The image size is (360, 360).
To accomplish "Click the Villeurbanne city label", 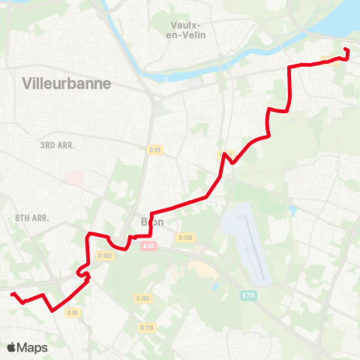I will tap(67, 83).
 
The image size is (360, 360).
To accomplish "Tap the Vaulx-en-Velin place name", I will tap(189, 29).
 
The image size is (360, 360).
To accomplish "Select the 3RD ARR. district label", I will tap(58, 145).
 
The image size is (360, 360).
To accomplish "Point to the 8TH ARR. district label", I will tap(31, 218).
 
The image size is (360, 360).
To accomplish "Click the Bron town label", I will tap(152, 222).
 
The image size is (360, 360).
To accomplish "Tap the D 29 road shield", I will tap(155, 150).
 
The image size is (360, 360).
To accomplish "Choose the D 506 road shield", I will tap(185, 238).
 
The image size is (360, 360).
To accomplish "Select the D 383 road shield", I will tap(104, 255).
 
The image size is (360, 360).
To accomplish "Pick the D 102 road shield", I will tap(143, 298).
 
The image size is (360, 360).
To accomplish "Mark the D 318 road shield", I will tap(147, 327).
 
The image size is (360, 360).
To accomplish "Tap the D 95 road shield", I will tap(73, 313).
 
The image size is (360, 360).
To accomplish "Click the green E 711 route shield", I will tap(249, 296).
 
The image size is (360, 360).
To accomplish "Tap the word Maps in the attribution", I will tap(33, 348).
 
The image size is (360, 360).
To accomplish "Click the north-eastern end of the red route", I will tap(346, 49).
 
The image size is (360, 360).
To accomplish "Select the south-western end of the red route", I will tap(12, 295).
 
